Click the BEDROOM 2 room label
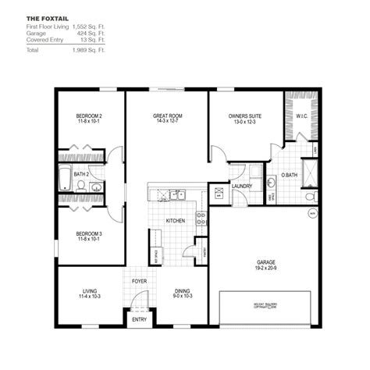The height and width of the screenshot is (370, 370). coord(90,116)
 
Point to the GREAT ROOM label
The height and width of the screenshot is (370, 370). coord(167,116)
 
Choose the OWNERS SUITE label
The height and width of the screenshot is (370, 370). coord(244,116)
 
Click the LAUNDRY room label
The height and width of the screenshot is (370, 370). coord(242,186)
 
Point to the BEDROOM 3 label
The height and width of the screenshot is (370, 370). coord(90,233)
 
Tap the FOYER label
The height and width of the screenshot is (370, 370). coord(140,283)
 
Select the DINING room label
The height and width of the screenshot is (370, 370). coord(183,290)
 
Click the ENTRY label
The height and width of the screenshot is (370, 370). coord(140,319)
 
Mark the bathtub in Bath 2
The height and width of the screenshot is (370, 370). coord(64,177)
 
